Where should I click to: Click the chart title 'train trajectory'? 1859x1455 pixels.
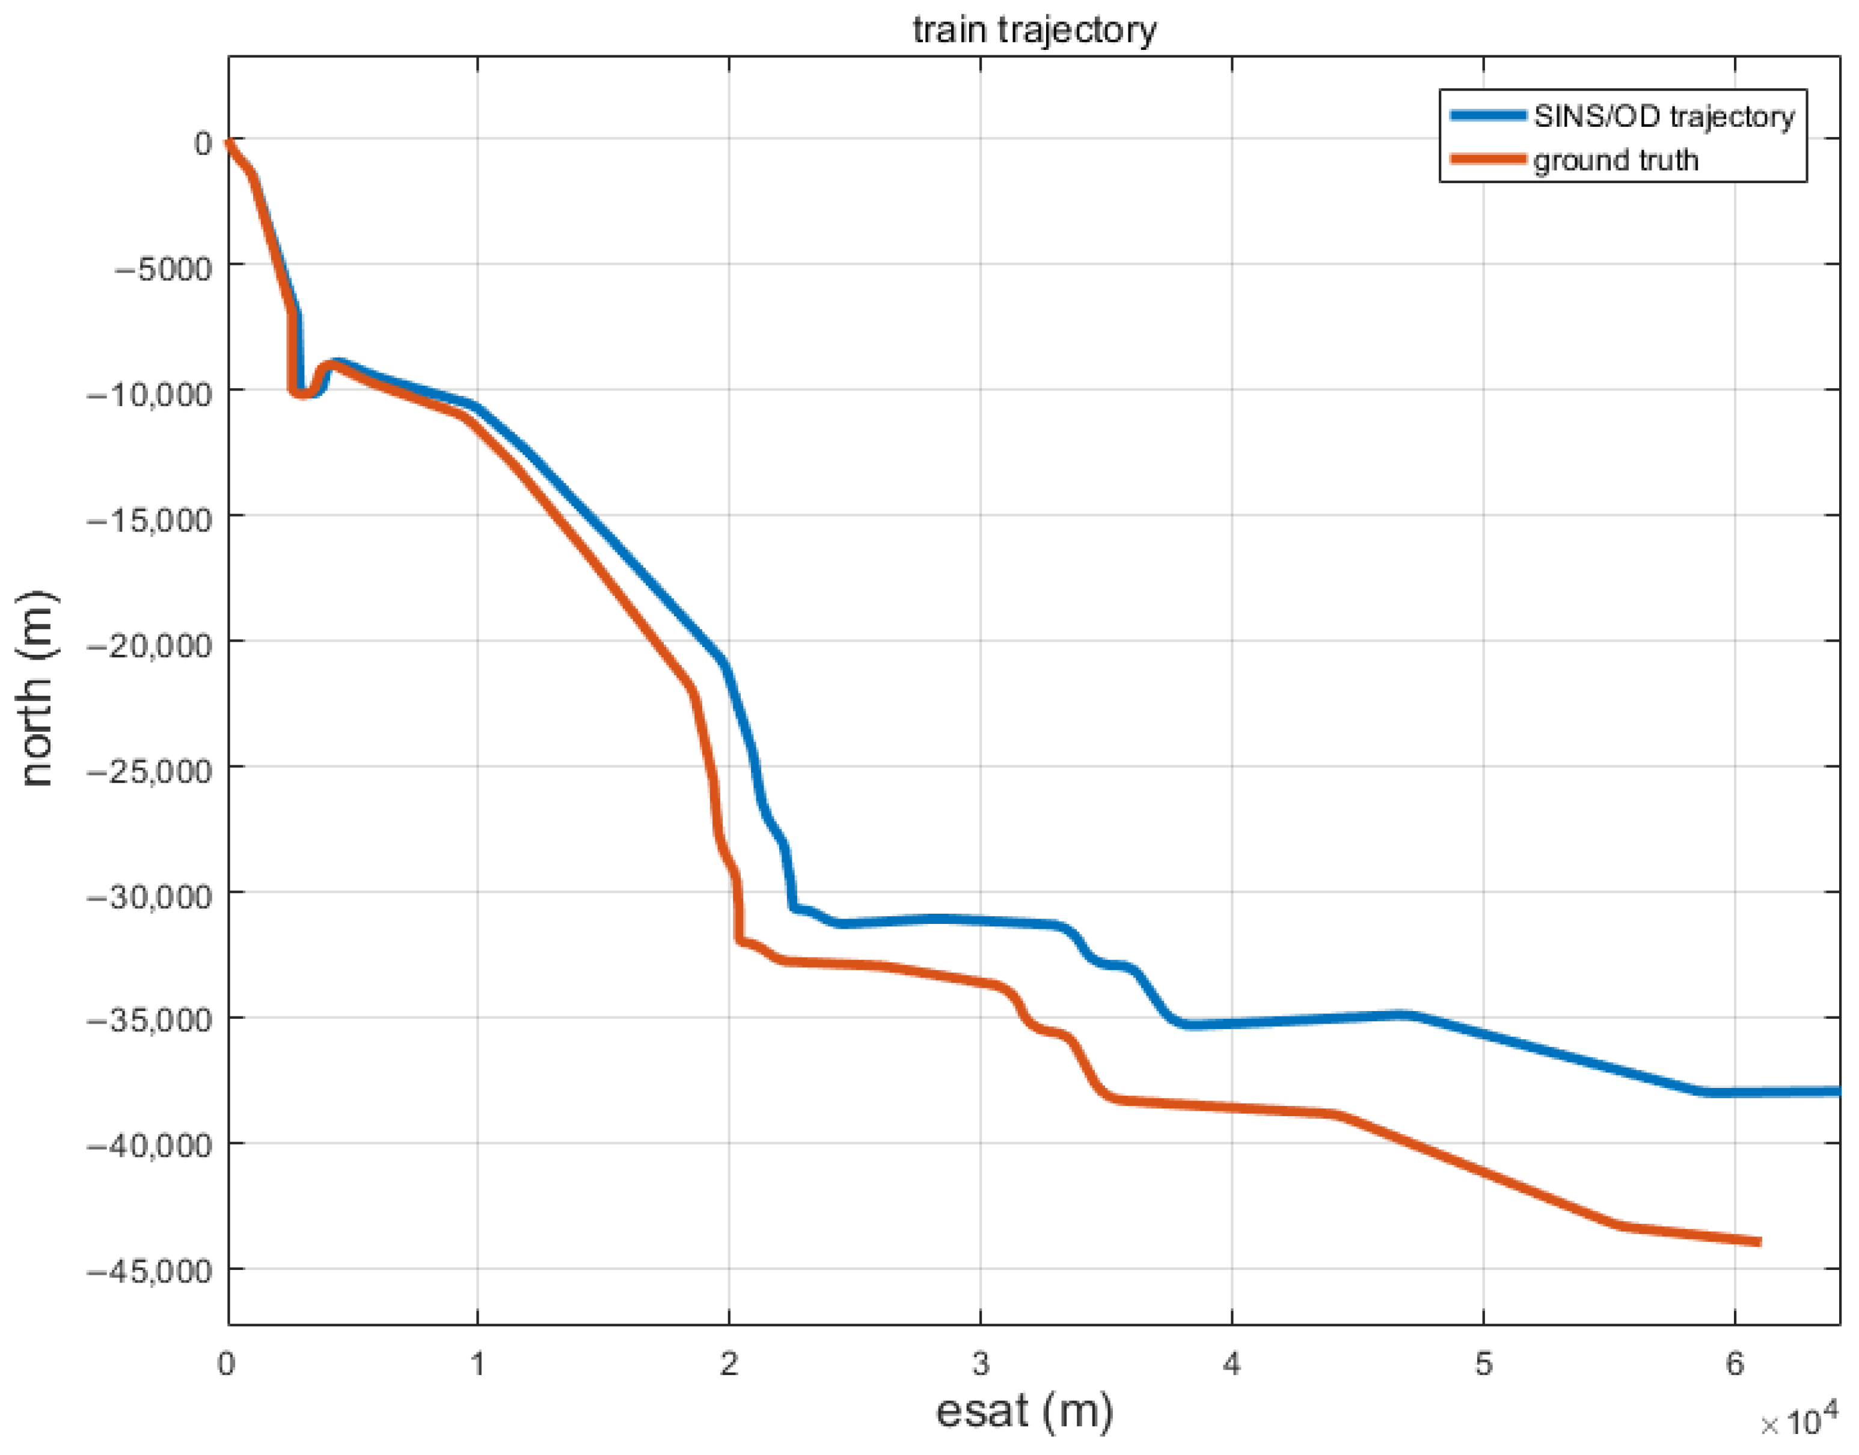coord(1034,30)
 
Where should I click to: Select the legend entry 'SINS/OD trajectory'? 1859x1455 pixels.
coord(1663,116)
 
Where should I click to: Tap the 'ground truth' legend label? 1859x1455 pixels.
coord(1616,160)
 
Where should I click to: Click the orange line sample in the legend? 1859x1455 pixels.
coord(1487,159)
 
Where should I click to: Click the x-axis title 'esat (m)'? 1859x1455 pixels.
coord(1024,1412)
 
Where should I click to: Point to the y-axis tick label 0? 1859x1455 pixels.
coord(202,143)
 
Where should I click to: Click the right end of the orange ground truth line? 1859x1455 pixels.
coord(1757,1242)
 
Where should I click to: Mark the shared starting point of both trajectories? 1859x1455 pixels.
coord(228,143)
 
